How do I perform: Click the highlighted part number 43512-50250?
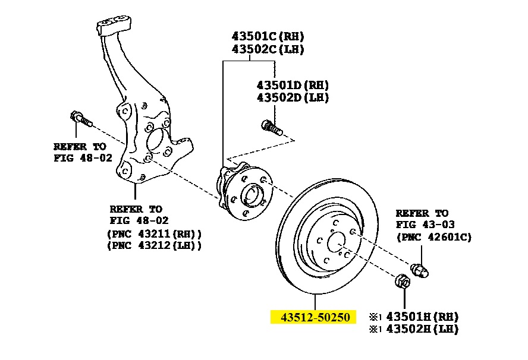pos(313,317)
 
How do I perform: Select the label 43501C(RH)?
pos(268,36)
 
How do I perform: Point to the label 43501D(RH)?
pos(293,86)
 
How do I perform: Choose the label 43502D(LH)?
pos(293,97)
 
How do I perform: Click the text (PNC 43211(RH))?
pos(154,233)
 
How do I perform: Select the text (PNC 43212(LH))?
pos(154,245)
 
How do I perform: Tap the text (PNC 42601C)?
pos(433,237)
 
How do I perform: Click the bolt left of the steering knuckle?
pos(81,119)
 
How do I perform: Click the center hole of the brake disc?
pos(336,240)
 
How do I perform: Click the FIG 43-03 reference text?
pos(423,225)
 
